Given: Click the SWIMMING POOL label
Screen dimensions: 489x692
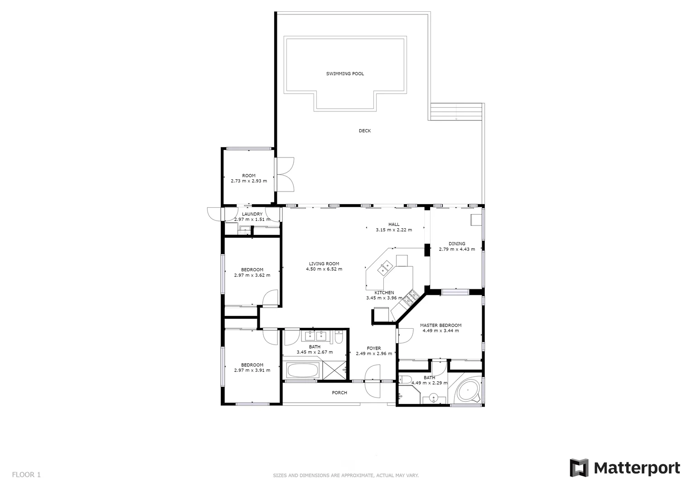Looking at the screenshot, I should point(345,74).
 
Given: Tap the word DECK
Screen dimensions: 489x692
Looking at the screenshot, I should point(365,131).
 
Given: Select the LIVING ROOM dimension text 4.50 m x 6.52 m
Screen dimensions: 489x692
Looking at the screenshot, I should point(324,269).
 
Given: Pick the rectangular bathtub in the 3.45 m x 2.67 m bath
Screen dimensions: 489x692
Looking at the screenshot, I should point(302,371).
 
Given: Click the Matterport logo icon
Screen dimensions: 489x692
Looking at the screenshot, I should point(579,468).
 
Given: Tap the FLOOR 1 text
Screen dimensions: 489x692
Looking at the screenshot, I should point(26,475).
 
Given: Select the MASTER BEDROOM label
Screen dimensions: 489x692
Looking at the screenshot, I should point(440,325).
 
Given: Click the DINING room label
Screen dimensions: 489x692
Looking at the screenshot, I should point(457,244).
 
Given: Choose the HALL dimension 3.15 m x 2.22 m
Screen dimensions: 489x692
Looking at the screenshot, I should point(394,230).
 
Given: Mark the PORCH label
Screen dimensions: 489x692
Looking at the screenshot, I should point(339,393).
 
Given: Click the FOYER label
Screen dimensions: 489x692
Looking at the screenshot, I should point(374,348).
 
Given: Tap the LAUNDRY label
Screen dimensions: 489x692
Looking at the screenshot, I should point(252,214).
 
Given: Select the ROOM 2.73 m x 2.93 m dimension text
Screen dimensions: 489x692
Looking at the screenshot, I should point(249,181).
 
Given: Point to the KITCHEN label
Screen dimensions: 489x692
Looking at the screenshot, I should point(384,292).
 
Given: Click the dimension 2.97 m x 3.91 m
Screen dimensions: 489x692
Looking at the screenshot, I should point(252,370).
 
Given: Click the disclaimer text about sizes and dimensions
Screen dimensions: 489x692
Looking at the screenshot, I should point(345,475).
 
